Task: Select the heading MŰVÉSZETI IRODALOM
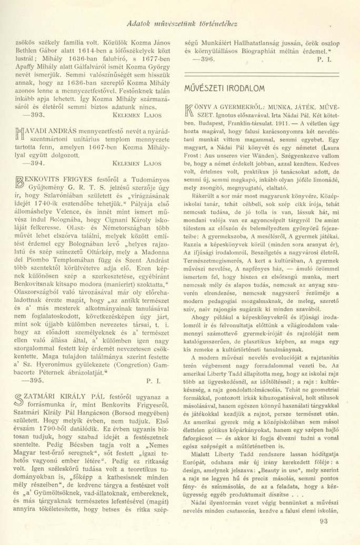[x=223, y=87]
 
